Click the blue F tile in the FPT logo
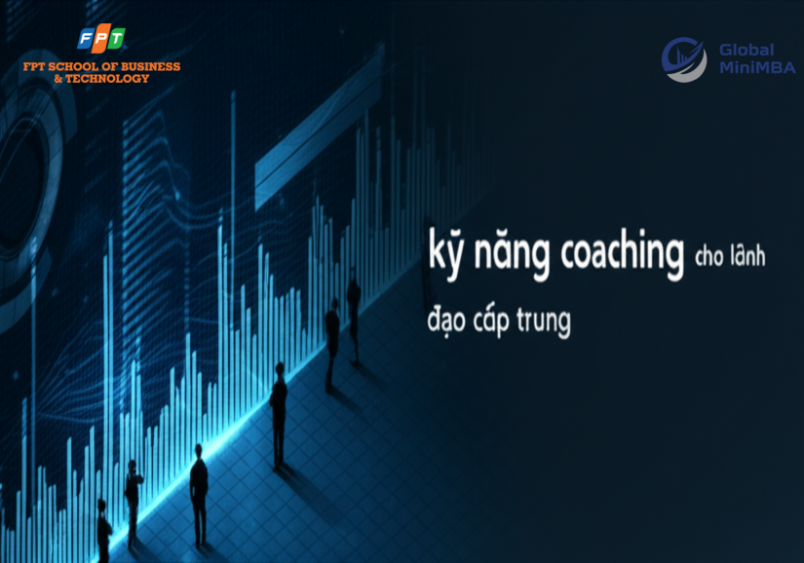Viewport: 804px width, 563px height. coord(86,38)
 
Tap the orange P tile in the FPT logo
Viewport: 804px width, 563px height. coord(101,38)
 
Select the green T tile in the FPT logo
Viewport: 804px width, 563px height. coord(116,38)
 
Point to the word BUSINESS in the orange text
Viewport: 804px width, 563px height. coord(150,66)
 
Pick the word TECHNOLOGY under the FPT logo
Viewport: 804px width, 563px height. coord(107,78)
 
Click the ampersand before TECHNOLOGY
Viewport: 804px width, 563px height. coord(58,78)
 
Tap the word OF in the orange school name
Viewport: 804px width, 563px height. coord(110,66)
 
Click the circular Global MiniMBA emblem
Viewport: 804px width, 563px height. coord(683,59)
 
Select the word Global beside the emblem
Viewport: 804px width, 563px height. coord(747,50)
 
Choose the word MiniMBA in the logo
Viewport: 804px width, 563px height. coord(757,67)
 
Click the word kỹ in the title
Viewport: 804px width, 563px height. coord(445,253)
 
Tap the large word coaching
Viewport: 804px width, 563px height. coord(622,253)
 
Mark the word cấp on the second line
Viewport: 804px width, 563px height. coord(491,320)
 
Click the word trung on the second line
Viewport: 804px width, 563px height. coord(544,321)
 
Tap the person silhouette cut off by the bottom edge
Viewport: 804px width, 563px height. coord(104,532)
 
